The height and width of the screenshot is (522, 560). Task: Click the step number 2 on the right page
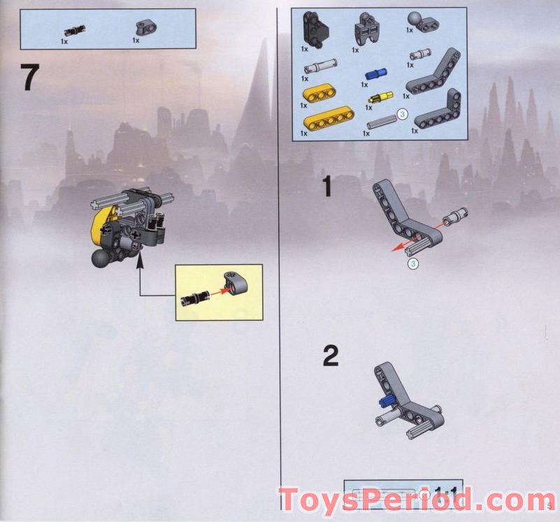tap(330, 356)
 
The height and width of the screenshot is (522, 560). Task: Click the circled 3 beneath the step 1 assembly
tap(412, 263)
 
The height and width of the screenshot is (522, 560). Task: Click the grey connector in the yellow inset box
tap(231, 283)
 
